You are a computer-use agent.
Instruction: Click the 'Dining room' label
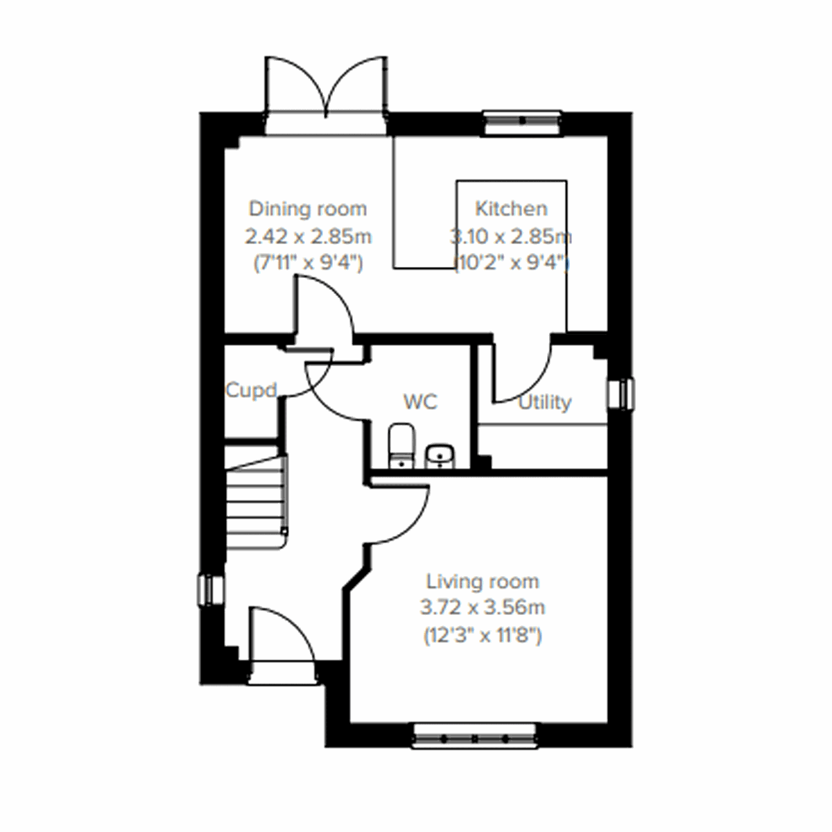point(308,209)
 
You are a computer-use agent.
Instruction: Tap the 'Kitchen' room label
point(511,209)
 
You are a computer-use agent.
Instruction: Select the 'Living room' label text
point(483,581)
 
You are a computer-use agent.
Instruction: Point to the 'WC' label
point(420,402)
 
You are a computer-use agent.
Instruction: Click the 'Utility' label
point(545,402)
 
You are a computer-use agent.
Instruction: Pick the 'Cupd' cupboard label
point(251,390)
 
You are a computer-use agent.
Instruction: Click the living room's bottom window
point(475,736)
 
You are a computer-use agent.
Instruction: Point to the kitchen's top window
point(521,121)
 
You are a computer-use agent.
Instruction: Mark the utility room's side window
point(620,394)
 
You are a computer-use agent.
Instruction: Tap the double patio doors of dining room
point(324,94)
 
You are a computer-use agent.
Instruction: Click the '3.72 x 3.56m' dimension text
point(483,608)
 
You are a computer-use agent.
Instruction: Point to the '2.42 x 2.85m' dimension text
point(308,236)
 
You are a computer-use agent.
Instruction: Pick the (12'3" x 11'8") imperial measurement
point(483,635)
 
